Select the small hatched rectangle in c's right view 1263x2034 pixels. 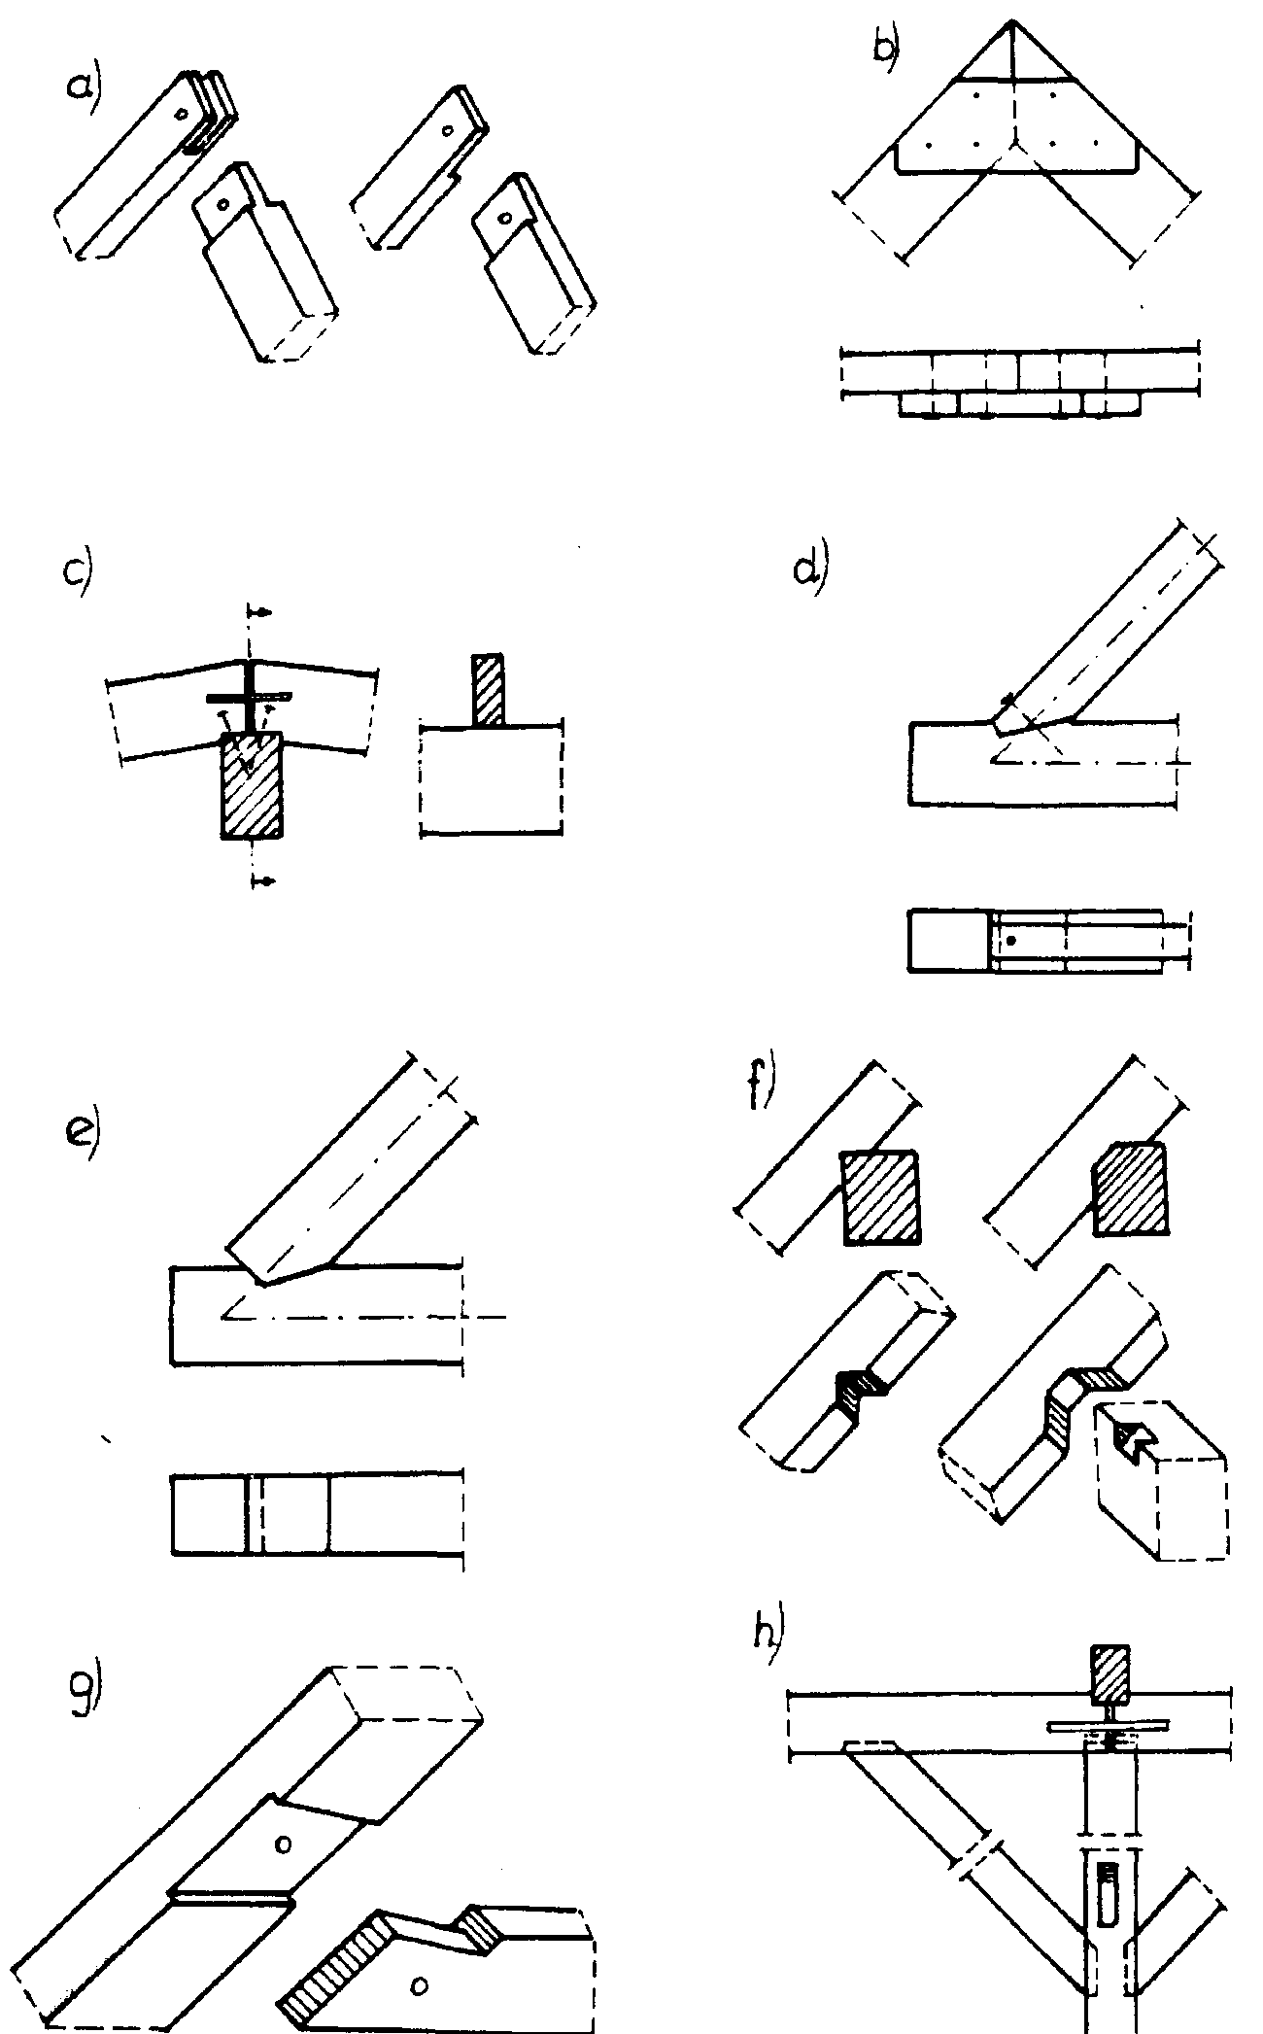[x=489, y=691]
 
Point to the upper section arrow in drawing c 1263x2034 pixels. [x=259, y=612]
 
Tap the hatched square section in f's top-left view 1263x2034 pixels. [x=880, y=1196]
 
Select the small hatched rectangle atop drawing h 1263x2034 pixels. [x=1110, y=1675]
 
